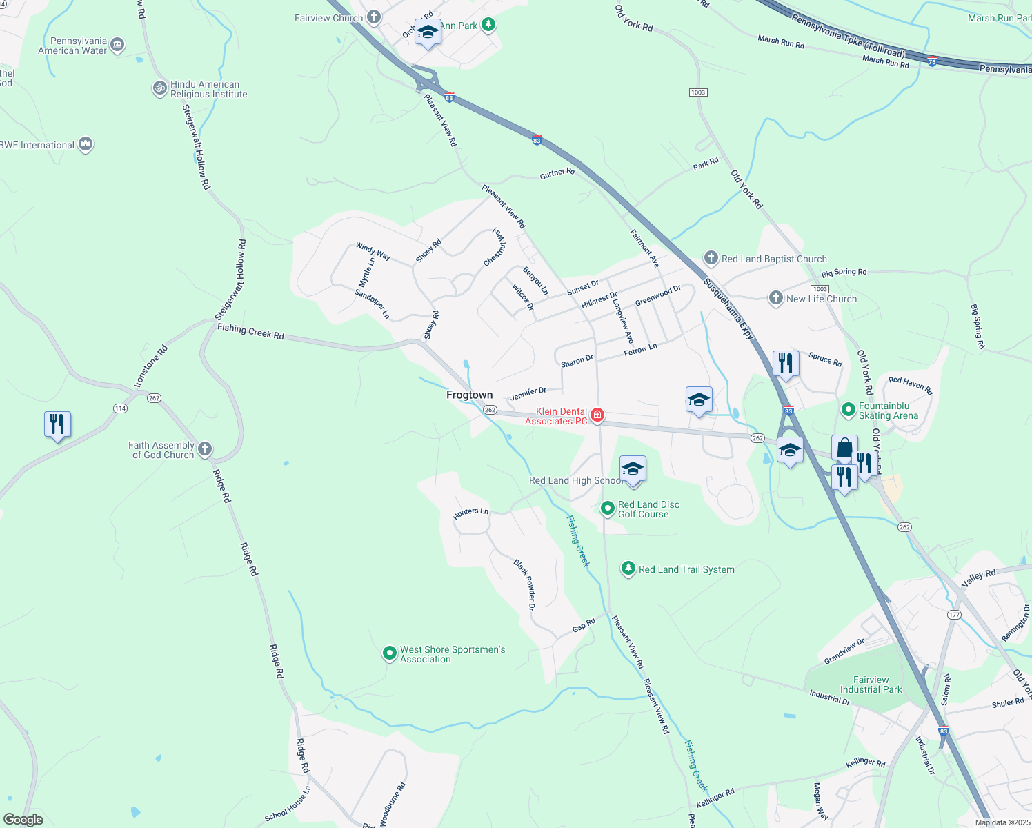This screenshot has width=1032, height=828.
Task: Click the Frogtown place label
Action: (x=470, y=395)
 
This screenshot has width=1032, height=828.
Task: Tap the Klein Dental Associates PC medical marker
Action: (x=597, y=415)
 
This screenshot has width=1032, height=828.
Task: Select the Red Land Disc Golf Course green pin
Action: (x=608, y=509)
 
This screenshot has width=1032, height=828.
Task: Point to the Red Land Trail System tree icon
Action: (x=628, y=569)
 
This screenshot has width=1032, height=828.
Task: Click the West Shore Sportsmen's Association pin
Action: (x=390, y=653)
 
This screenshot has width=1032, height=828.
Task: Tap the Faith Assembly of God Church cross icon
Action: (x=204, y=450)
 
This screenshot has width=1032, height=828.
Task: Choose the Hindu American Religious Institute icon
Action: (x=160, y=88)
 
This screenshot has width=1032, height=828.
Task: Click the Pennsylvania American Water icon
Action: (x=117, y=46)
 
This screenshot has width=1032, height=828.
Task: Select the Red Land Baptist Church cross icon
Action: (x=711, y=258)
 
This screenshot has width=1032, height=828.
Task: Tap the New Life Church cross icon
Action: (x=776, y=298)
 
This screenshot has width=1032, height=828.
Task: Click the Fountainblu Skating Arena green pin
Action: (x=849, y=410)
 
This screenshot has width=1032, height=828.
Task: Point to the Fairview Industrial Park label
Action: (x=871, y=684)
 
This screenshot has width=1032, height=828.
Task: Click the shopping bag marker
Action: (x=844, y=449)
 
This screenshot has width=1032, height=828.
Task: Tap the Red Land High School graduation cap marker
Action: (x=633, y=470)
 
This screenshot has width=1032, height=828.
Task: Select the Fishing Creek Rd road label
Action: (x=250, y=332)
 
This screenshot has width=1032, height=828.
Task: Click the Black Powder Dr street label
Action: (x=524, y=584)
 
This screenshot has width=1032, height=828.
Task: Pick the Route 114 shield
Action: (x=120, y=408)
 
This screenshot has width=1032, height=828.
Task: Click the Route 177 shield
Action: (x=954, y=615)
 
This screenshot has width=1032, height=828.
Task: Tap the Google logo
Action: (x=23, y=820)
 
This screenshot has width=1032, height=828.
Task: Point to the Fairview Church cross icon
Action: (x=374, y=17)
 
